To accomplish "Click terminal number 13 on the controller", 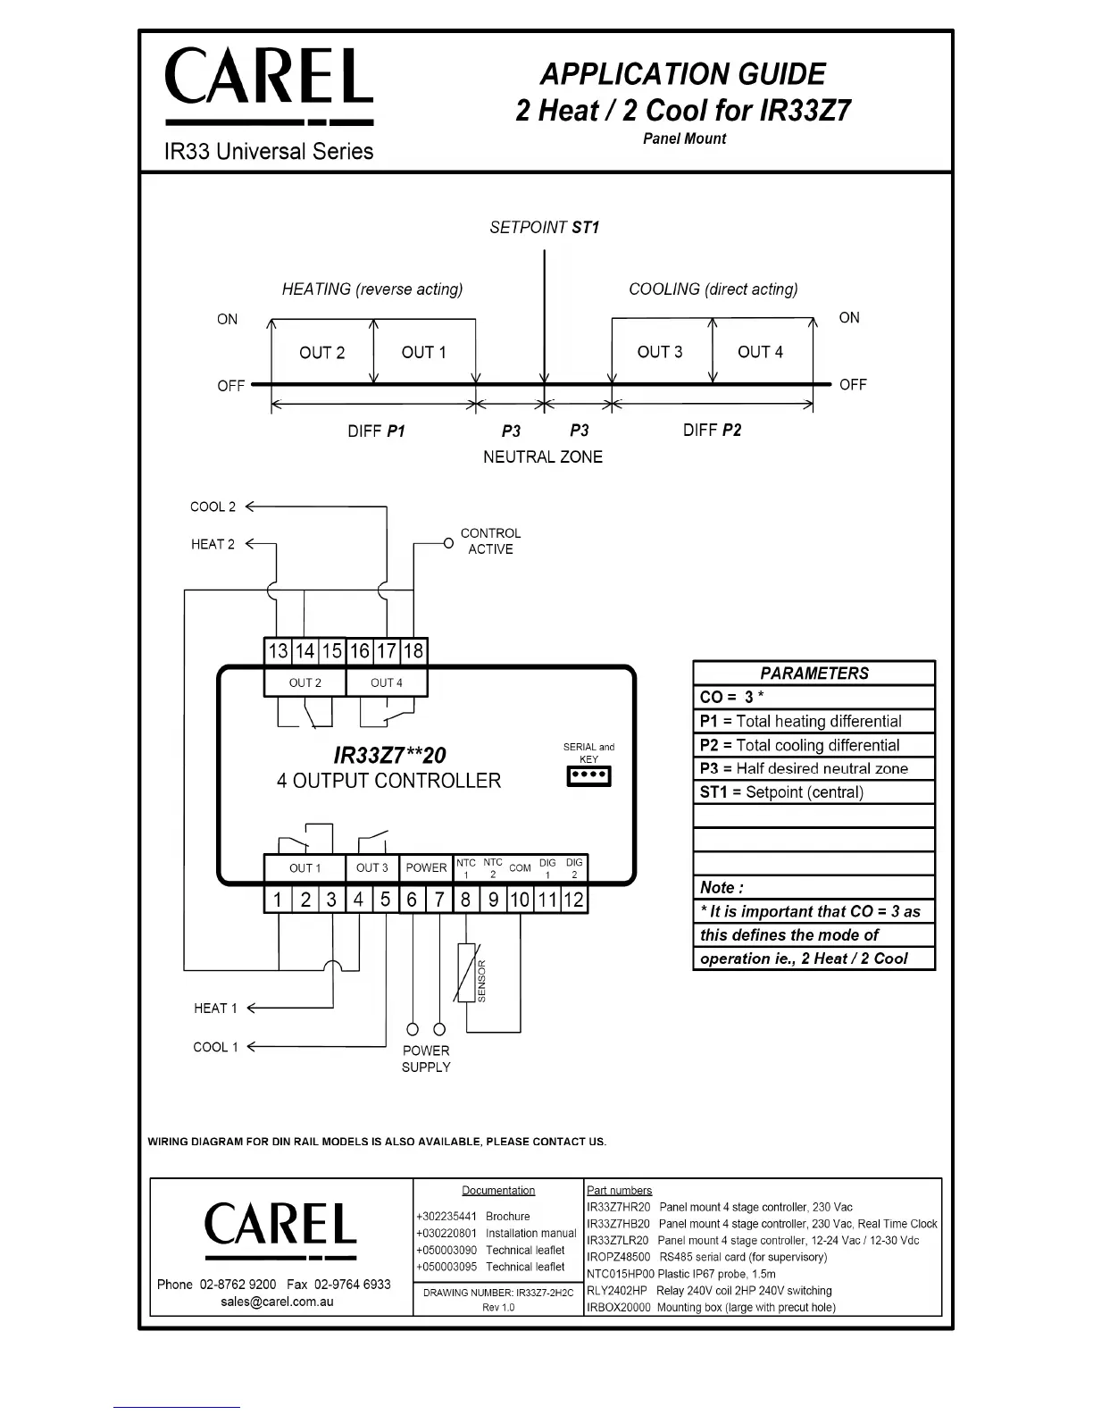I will click(x=278, y=651).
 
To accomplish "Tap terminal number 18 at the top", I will click(x=413, y=651).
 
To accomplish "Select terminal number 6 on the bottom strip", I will click(x=412, y=900).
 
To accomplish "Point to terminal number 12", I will click(x=574, y=900).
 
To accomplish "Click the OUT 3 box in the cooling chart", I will click(x=660, y=352).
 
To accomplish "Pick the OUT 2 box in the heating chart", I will click(x=321, y=353).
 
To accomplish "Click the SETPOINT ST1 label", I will click(x=544, y=228).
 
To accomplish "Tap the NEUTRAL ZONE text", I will click(x=543, y=457).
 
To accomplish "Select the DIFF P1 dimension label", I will click(x=376, y=431).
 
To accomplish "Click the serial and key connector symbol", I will click(x=589, y=776).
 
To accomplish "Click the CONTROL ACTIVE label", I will click(x=490, y=541).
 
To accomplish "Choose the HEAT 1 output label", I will click(x=215, y=1009).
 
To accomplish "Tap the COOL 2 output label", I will click(x=213, y=507).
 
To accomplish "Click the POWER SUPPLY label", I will click(x=426, y=1059).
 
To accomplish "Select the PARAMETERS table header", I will click(x=813, y=674).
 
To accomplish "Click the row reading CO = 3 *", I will click(x=813, y=698).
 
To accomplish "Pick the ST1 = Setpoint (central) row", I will click(x=813, y=792).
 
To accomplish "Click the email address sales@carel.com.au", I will click(x=278, y=1302).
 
